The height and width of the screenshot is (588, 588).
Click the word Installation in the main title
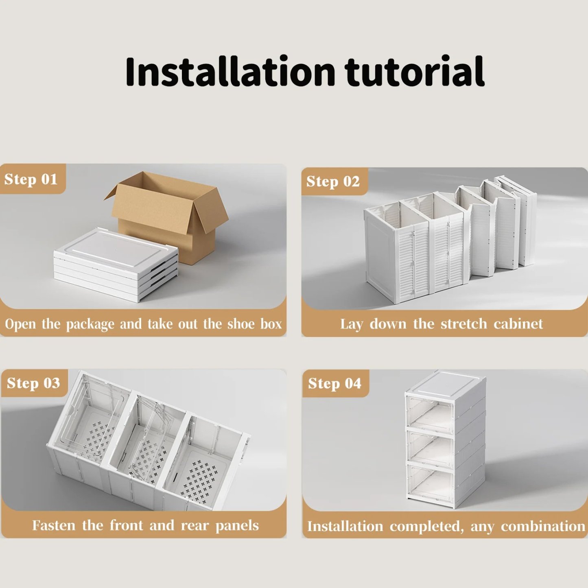point(231,71)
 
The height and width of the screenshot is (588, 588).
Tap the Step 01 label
point(31,179)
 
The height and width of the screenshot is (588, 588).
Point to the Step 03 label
point(33,383)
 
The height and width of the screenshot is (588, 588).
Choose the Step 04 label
point(335,384)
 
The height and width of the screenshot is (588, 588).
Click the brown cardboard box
point(166,215)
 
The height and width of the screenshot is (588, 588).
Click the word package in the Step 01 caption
point(90,324)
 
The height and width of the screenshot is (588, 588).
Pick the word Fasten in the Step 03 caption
point(54,525)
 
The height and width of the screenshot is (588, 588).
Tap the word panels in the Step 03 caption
point(237,526)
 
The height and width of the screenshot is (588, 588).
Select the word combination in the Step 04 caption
point(543,527)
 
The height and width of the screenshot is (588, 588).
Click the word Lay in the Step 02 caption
point(351,324)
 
